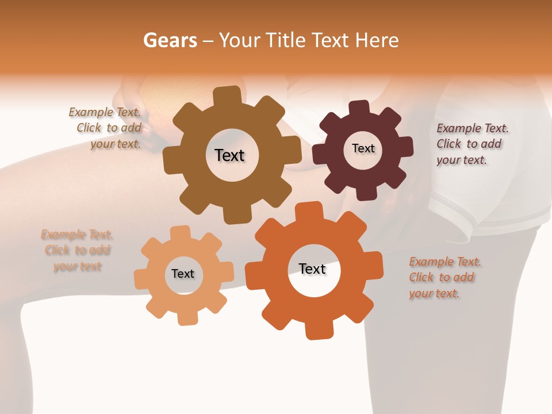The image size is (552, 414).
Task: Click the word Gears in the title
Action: pos(169,40)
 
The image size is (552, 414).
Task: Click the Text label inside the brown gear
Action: pos(229,155)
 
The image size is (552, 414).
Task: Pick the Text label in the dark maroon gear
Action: pos(363,148)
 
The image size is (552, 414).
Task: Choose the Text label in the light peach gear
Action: pos(183,274)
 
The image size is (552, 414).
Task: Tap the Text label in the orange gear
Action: pos(312,269)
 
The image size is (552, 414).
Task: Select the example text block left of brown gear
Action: pos(107,128)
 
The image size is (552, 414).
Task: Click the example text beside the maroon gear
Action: pos(471,144)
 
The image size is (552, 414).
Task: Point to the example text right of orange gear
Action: pos(444,277)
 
